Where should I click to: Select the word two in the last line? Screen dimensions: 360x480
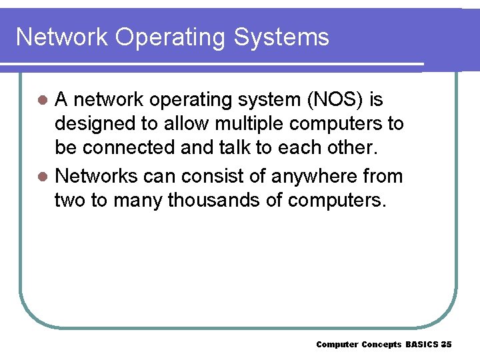(69, 201)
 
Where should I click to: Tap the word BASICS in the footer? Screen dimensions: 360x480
(423, 344)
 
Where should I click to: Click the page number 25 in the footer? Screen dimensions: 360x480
(447, 344)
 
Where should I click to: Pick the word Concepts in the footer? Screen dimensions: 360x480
(381, 344)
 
